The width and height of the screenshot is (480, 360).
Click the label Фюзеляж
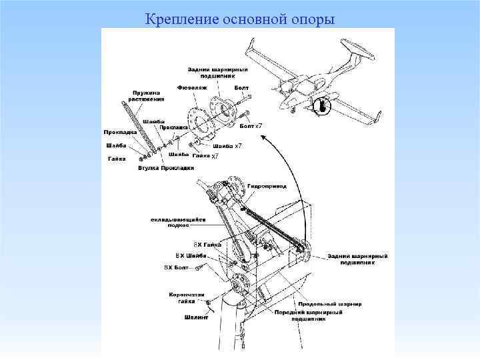192,87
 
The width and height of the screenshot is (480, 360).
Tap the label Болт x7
251,126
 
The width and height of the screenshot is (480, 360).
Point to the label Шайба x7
227,145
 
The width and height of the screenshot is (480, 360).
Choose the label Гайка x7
205,156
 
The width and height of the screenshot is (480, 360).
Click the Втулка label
148,167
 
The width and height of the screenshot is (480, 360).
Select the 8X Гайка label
207,245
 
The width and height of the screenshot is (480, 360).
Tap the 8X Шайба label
191,255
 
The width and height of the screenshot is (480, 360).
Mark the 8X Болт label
177,267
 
